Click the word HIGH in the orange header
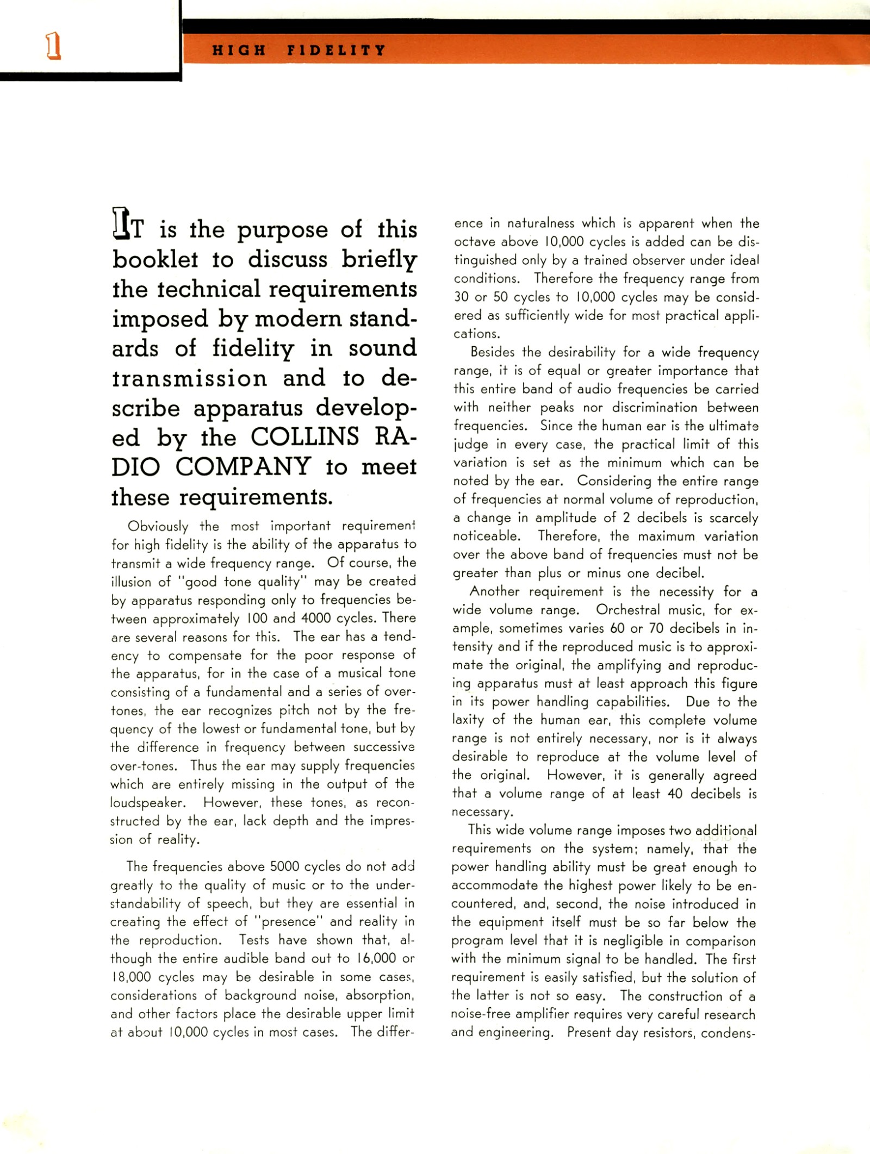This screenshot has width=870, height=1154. (x=239, y=51)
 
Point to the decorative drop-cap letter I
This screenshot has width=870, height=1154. (x=119, y=223)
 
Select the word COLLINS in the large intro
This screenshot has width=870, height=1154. (x=305, y=436)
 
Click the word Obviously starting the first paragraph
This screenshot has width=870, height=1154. (x=158, y=526)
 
